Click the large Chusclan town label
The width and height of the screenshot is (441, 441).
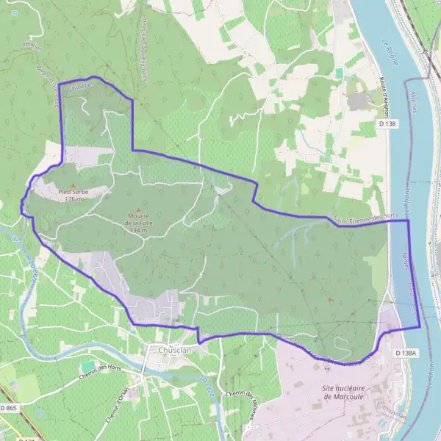pos(175,351)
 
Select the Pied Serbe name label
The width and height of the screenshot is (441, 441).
pos(73,192)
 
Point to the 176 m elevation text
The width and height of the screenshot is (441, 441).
pos(73,199)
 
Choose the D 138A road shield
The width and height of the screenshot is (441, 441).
pos(405,354)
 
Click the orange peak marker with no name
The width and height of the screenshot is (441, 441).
pos(329,299)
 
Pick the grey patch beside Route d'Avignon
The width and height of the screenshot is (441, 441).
pos(359,101)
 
